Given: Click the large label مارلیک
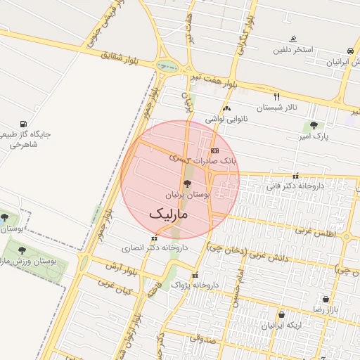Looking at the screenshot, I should point(169,212).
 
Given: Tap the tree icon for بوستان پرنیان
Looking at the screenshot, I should point(186,183).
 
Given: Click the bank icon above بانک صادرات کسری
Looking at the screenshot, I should point(214,150).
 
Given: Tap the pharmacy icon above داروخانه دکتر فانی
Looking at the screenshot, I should point(295,176).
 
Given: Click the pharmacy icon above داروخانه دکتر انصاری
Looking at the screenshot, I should point(154,238).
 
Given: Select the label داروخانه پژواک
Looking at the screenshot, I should point(190,285).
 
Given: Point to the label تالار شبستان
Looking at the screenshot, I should point(277,108).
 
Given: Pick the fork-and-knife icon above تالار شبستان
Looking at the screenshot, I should point(276,96).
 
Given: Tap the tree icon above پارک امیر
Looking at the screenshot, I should point(314,125).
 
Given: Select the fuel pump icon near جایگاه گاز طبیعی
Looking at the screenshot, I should point(25,124).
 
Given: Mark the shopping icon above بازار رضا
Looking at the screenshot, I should point(325,300).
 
